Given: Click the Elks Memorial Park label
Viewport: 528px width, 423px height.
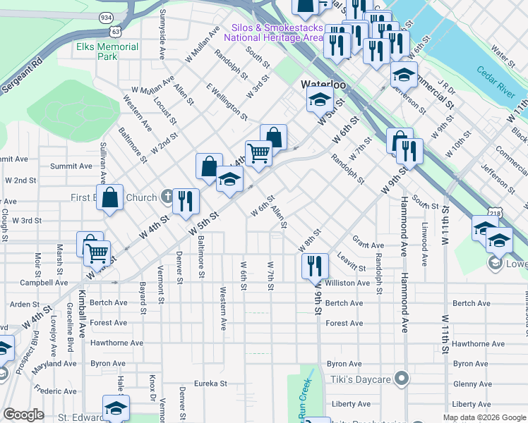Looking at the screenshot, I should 107,51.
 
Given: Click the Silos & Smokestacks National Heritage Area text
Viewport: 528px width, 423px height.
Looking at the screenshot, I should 273,32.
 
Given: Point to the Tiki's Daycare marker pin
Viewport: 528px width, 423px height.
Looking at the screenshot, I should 402,379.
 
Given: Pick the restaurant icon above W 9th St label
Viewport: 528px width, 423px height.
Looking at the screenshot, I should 314,266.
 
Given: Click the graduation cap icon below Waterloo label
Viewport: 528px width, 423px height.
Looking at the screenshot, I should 320,99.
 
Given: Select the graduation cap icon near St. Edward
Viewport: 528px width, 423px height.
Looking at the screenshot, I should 116,407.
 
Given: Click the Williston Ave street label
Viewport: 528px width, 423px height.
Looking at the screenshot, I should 347,283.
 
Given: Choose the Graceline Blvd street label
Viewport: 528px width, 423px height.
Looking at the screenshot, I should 71,323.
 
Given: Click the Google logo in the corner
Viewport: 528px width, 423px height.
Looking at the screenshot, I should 24,415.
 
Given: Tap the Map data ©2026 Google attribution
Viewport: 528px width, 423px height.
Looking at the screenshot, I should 484,417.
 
